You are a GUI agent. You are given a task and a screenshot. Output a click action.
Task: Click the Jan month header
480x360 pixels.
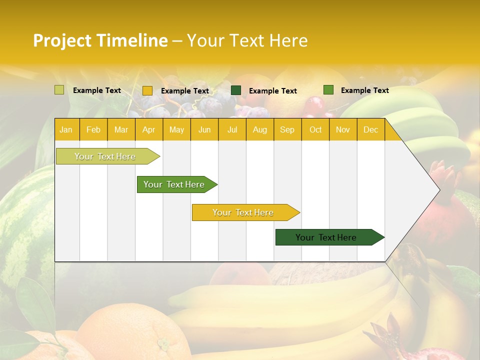66,129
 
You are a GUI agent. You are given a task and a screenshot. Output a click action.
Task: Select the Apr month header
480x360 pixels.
148,129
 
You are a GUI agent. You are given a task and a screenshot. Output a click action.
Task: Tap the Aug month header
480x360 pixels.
259,129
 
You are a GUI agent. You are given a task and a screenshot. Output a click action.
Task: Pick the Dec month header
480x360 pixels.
370,129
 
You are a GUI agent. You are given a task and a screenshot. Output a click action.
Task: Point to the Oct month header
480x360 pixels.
315,129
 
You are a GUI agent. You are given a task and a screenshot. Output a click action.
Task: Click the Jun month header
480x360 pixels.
204,129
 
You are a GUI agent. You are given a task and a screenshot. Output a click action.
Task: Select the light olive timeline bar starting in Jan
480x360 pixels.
105,156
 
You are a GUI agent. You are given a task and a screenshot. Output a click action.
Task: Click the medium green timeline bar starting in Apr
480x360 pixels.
174,184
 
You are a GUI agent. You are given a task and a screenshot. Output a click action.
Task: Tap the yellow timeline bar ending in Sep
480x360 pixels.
243,212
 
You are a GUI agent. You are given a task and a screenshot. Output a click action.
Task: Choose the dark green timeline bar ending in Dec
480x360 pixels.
326,237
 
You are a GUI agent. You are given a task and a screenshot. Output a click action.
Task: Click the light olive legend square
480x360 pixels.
59,90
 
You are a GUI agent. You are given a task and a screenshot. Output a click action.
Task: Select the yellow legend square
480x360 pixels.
147,90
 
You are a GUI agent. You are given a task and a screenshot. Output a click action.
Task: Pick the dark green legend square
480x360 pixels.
236,90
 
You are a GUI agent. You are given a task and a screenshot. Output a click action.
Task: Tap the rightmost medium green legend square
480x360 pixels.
328,90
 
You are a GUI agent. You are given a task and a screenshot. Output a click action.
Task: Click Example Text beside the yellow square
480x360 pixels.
184,91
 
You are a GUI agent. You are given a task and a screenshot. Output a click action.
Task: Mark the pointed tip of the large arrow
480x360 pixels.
439,189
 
